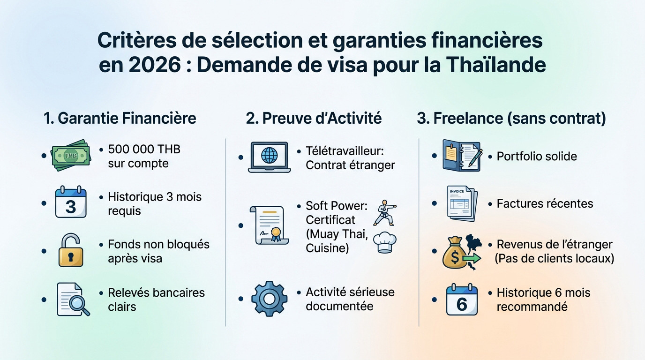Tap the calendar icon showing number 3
click(71, 202)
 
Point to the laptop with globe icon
click(269, 157)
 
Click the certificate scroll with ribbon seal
click(267, 225)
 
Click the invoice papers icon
click(462, 203)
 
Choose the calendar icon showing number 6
click(462, 300)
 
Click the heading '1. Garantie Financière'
click(120, 118)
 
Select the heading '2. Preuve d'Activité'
click(314, 118)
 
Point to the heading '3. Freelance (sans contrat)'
click(511, 118)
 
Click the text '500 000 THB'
click(144, 149)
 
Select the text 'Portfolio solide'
click(537, 156)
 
